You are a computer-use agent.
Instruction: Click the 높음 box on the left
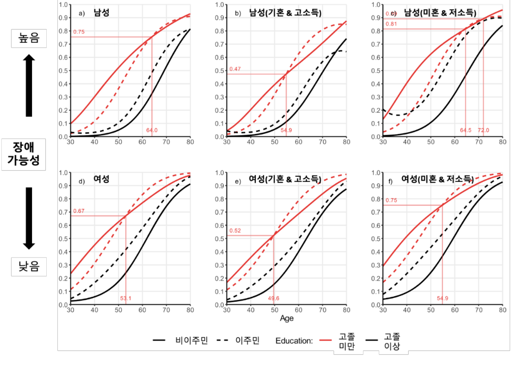coord(29,38)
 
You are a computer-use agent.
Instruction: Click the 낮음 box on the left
coord(29,267)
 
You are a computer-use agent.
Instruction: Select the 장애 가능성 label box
coord(24,154)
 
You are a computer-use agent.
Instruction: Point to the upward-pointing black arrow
coord(29,85)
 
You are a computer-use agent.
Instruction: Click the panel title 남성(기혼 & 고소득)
coord(285,13)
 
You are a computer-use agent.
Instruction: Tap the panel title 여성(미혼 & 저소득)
coord(437,179)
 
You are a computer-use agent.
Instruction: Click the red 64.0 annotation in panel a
coord(152,130)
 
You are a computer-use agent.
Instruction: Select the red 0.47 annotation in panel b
coord(235,69)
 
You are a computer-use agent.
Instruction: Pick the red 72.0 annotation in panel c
coord(483,130)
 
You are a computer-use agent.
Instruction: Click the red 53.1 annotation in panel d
coord(125,298)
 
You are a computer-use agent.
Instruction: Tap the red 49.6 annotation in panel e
coord(274,298)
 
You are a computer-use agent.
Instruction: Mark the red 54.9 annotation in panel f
coord(443,298)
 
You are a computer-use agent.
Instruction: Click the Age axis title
coord(287,318)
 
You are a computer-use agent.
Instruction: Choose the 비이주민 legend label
coord(192,341)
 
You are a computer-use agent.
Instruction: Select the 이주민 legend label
coord(247,341)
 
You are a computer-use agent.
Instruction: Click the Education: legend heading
coord(294,341)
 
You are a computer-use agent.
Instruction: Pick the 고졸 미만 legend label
coord(347,341)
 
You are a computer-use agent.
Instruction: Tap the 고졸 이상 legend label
coord(392,341)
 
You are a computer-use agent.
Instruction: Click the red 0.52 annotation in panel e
coord(235,231)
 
